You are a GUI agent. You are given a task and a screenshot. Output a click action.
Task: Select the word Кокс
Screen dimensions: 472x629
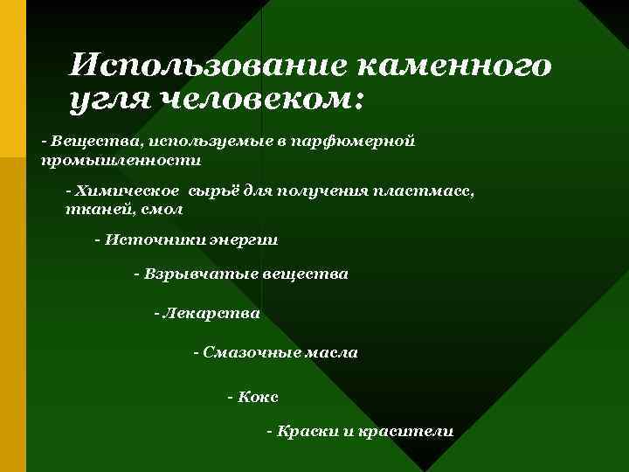(258, 397)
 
